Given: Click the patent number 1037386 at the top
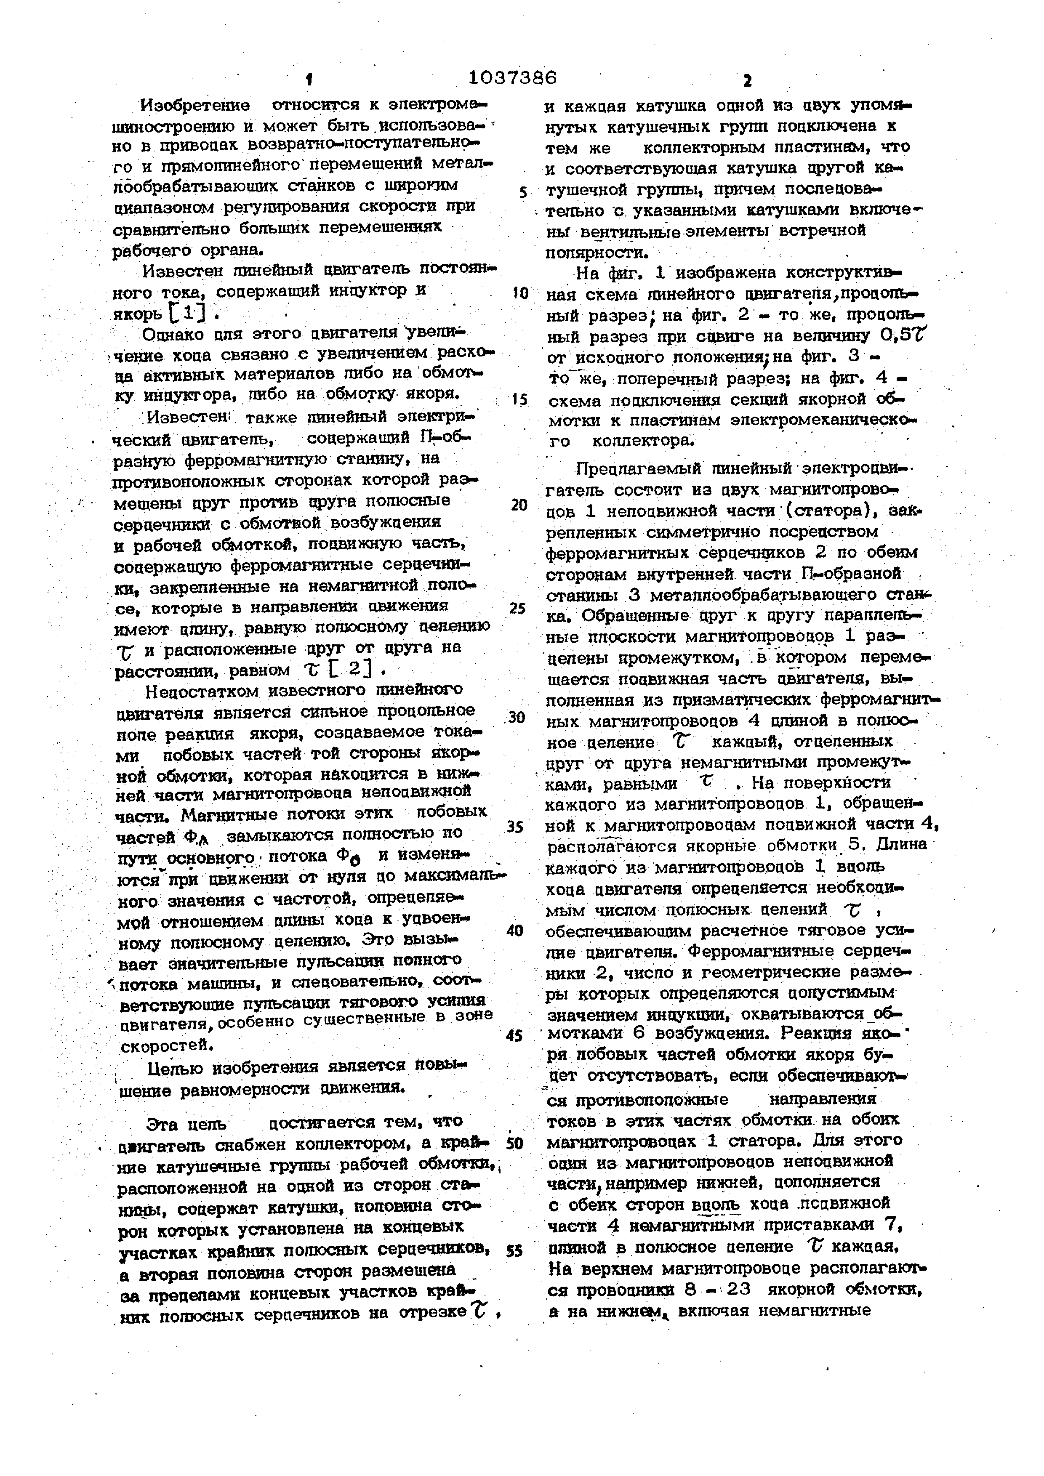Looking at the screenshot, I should point(512,78).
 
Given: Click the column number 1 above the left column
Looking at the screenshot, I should point(309,80).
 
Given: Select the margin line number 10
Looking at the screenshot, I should point(519,294).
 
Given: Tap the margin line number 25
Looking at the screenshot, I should point(517,608).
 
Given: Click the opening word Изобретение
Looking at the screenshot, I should point(195,105).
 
